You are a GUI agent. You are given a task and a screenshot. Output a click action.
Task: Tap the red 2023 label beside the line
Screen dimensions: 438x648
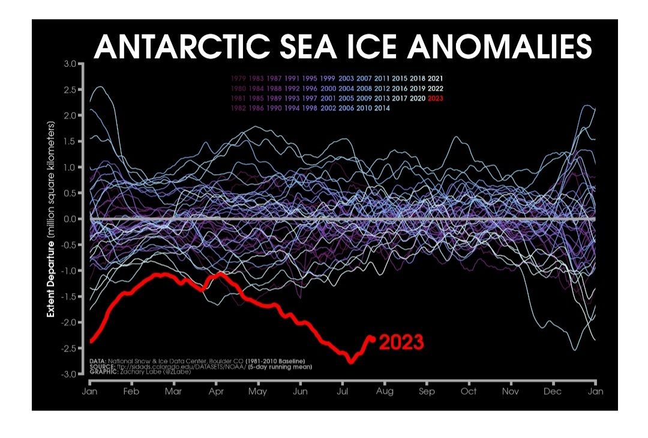pyautogui.click(x=401, y=342)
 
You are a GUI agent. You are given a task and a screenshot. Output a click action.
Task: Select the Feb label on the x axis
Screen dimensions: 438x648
pyautogui.click(x=131, y=391)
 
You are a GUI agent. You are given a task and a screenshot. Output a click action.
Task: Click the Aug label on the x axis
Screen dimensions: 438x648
pyautogui.click(x=385, y=391)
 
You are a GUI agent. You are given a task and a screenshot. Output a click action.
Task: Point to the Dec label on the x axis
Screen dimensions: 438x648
pyautogui.click(x=553, y=391)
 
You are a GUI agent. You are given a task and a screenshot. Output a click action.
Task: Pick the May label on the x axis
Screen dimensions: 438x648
pyautogui.click(x=258, y=391)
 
